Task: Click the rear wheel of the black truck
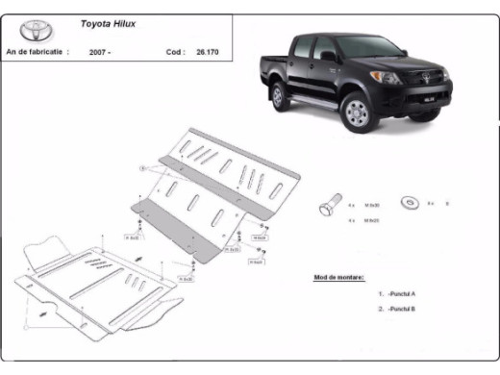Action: (278, 96)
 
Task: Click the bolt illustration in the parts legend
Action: (328, 206)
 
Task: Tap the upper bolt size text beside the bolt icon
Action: (372, 205)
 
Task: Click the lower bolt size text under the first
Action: (372, 220)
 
